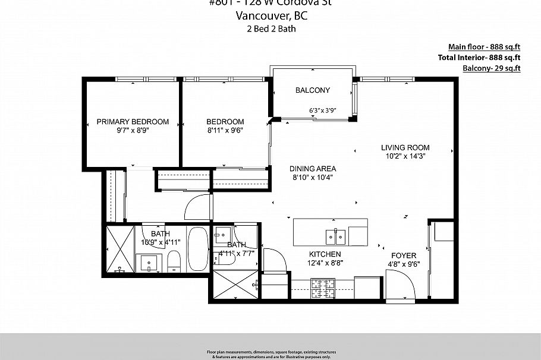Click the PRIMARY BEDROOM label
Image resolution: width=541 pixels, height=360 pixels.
point(133,122)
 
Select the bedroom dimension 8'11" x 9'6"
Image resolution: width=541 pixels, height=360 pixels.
point(225,130)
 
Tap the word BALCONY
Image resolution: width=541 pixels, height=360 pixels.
point(313,90)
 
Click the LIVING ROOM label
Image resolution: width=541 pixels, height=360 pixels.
point(405,147)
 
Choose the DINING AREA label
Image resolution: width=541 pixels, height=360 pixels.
point(313,168)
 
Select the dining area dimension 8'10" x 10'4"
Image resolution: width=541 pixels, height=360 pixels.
point(313,177)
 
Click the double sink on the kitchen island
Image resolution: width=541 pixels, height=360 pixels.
point(335,237)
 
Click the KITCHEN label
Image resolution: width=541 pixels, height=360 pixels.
point(325,254)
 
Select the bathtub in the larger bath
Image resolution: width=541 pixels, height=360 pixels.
point(198,250)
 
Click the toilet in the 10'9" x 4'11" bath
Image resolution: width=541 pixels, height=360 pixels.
point(174,260)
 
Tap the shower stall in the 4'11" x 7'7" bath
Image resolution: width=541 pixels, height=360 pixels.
point(232,286)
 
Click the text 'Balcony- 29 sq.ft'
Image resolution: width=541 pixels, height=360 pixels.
point(491,68)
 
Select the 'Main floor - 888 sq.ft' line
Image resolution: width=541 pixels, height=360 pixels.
point(484,47)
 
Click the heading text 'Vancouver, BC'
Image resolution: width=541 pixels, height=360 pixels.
point(270,16)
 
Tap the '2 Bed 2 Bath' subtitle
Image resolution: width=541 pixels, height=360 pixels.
point(270,29)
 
